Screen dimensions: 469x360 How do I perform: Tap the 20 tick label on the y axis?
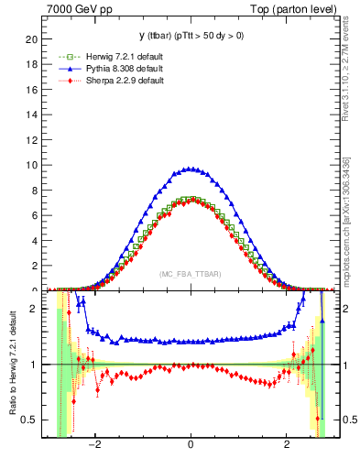tap(33, 39)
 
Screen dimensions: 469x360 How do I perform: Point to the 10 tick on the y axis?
tap(33, 165)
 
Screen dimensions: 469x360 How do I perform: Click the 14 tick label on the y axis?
tap(33, 115)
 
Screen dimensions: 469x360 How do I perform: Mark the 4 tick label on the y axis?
tap(36, 241)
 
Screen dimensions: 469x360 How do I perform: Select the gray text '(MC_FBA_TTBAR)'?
tap(190, 275)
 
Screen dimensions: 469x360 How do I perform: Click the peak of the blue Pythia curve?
tap(190, 169)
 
